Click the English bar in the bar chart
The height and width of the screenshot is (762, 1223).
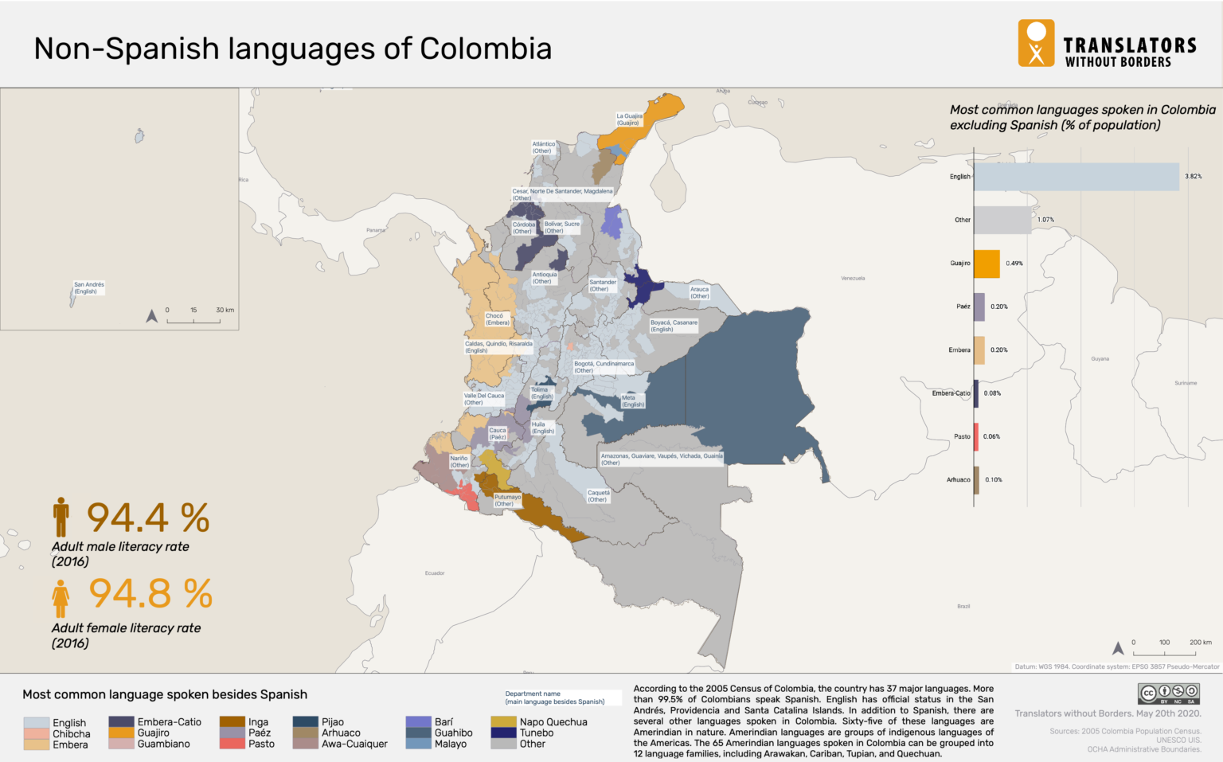(x=1076, y=177)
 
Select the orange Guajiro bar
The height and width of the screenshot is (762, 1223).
(x=987, y=264)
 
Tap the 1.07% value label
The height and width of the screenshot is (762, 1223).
(x=1045, y=220)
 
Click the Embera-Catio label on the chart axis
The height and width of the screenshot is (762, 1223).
(x=951, y=393)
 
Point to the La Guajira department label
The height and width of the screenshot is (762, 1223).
(x=629, y=119)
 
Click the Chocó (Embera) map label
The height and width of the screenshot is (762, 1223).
(x=498, y=318)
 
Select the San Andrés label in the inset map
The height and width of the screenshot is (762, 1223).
(x=88, y=287)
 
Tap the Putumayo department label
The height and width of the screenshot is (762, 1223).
(x=507, y=500)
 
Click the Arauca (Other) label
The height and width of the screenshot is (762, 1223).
(x=699, y=292)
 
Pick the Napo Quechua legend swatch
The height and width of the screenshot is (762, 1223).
(x=503, y=722)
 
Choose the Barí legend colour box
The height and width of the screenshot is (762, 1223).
(x=418, y=722)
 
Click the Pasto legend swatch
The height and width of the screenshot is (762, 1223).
(x=232, y=744)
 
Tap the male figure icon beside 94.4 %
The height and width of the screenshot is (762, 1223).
(x=61, y=517)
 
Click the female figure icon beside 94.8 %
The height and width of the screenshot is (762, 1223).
(x=61, y=598)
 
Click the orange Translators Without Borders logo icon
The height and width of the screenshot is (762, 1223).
(x=1036, y=43)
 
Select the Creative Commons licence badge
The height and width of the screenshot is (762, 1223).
(x=1168, y=694)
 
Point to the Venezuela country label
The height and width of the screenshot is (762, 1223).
(x=853, y=278)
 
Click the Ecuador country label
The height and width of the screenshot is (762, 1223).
(x=434, y=573)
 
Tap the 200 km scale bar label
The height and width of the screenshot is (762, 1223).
(x=1200, y=642)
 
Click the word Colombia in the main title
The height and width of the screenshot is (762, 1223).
(x=486, y=49)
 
